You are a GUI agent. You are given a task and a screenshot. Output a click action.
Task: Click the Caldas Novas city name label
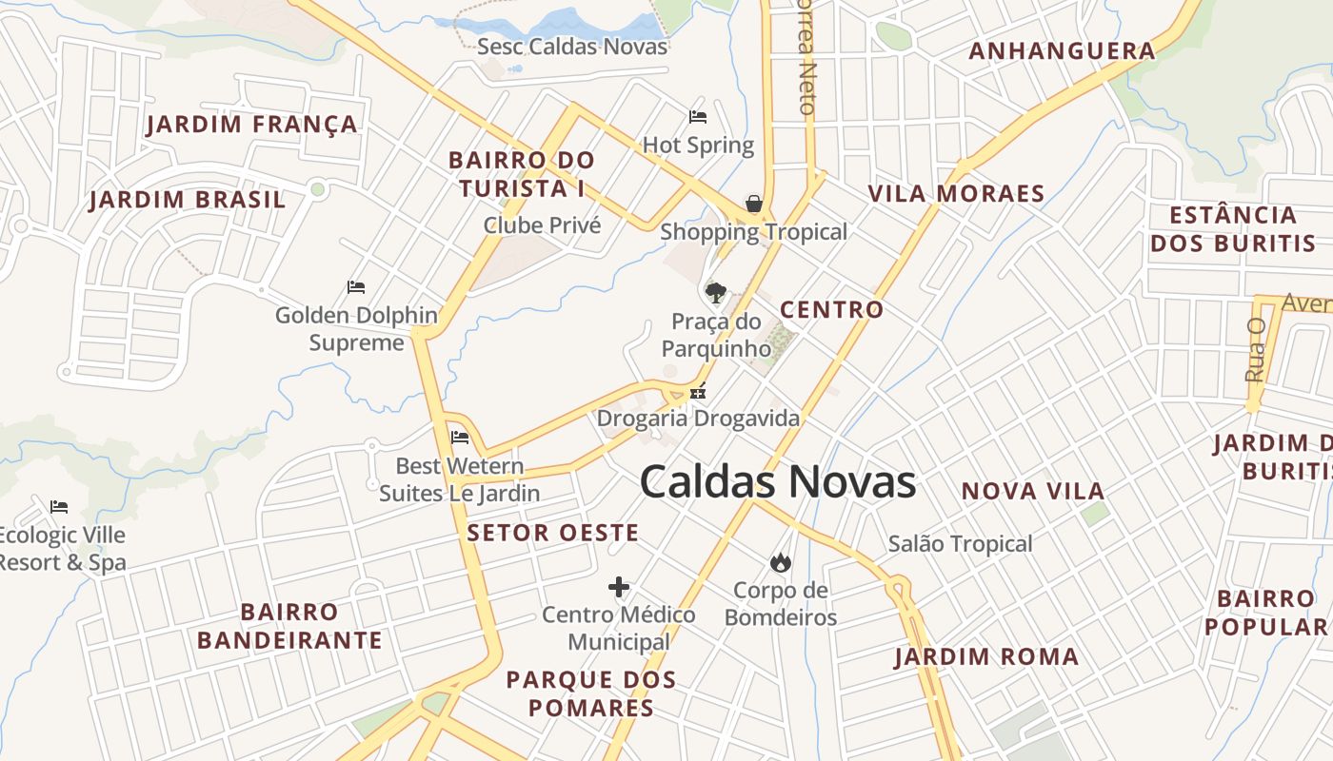[x=777, y=481]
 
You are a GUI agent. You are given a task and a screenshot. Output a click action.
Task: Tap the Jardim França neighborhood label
[x=252, y=124]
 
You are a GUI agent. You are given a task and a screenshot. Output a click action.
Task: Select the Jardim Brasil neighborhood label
[x=188, y=200]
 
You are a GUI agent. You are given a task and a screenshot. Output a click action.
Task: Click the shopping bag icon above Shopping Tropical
[x=753, y=204]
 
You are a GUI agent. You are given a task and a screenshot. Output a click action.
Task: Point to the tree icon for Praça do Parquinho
[x=714, y=292]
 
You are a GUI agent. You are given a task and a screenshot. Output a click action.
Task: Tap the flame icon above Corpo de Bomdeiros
[x=781, y=562]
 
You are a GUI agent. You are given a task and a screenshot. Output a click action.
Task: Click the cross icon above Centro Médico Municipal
[x=619, y=587]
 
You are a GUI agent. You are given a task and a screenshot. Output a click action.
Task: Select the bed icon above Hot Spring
[x=698, y=117]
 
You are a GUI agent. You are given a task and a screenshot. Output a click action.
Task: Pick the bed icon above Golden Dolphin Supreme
[x=356, y=286]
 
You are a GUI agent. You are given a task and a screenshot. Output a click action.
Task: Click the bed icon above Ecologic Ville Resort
[x=59, y=506]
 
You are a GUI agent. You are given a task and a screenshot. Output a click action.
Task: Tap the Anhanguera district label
[x=1062, y=51]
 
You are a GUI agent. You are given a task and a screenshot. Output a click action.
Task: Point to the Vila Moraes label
[x=956, y=194]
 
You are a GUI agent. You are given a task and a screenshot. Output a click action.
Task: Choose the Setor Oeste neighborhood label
[x=552, y=533]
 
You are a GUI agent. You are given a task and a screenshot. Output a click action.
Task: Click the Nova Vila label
[x=1033, y=491]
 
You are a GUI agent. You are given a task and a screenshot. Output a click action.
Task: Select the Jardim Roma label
[x=986, y=656]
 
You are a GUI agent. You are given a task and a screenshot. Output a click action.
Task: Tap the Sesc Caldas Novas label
[x=572, y=46]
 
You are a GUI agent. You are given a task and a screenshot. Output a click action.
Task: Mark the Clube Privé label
[x=542, y=225]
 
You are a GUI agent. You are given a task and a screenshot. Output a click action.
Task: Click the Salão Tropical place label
[x=960, y=544]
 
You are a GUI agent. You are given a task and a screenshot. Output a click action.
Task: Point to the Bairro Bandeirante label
[x=289, y=626]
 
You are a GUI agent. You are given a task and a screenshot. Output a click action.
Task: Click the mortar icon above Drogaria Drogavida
[x=698, y=390]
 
